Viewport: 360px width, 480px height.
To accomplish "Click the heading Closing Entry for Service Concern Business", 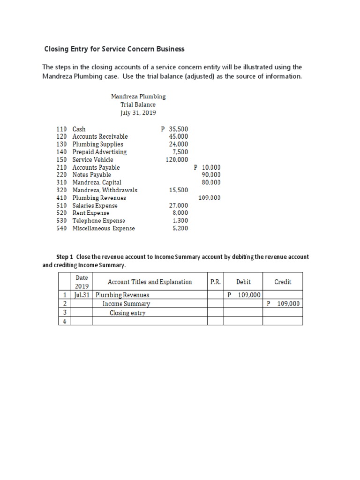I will (x=114, y=49).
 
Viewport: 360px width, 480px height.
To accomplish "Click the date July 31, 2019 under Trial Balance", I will (x=138, y=113).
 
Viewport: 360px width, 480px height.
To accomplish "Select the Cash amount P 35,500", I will (x=174, y=129).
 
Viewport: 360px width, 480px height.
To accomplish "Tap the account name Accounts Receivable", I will (x=100, y=136).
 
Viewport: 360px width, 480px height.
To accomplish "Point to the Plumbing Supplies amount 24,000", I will (x=179, y=144).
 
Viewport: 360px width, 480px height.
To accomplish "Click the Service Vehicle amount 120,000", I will (x=177, y=159).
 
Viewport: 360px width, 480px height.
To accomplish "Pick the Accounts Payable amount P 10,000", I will (x=207, y=167).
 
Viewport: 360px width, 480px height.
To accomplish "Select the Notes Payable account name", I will (x=91, y=175).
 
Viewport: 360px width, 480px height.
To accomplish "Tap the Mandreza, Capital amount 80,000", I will (x=211, y=182).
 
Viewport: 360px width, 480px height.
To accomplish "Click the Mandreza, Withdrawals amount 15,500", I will (x=179, y=190).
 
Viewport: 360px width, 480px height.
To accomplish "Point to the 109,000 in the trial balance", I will (x=209, y=198).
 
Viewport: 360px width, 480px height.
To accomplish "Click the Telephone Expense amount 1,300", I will (x=180, y=220).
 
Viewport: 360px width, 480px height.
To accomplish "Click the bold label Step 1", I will (x=65, y=257).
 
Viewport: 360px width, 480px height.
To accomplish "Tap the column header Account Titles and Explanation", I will (x=150, y=282).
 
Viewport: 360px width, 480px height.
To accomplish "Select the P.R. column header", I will (x=215, y=282).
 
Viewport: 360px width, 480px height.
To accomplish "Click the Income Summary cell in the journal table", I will (x=127, y=304).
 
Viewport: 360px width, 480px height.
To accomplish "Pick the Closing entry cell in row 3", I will (x=127, y=313).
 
